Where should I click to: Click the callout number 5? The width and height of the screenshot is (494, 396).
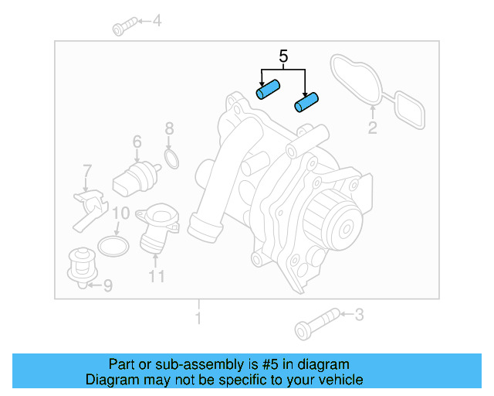(x=283, y=56)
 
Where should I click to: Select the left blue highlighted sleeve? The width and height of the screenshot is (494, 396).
(x=267, y=91)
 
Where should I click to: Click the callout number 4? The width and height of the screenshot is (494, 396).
(x=157, y=21)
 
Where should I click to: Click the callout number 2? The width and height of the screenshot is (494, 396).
(x=372, y=128)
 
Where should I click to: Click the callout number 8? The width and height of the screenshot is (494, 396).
(x=170, y=128)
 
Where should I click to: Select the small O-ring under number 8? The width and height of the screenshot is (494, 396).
(x=172, y=160)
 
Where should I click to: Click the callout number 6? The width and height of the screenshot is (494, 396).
(x=137, y=142)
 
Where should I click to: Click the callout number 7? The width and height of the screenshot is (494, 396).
(x=87, y=170)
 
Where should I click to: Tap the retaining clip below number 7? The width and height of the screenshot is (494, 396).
(x=88, y=207)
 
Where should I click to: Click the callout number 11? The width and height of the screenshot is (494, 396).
(x=157, y=275)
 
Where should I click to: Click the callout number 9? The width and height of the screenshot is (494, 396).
(x=107, y=285)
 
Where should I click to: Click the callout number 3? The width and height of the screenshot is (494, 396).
(x=358, y=315)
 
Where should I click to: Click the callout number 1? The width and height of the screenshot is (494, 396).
(x=198, y=318)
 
